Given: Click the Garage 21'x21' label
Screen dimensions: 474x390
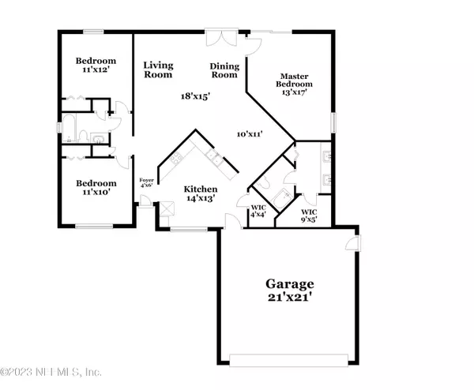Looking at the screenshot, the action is click(290, 291).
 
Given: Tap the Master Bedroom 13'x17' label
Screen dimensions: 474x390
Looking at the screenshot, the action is click(294, 84).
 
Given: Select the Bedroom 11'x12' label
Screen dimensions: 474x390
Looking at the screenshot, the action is click(96, 65).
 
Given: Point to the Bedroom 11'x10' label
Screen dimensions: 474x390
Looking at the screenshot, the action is click(96, 187).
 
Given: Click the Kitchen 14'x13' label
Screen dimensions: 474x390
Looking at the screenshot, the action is click(201, 193).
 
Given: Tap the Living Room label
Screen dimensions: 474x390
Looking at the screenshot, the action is click(158, 69).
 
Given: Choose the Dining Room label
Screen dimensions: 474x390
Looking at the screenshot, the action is click(224, 70).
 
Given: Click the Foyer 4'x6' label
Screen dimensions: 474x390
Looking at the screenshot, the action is click(146, 183).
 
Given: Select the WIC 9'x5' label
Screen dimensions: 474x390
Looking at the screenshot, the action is click(309, 216).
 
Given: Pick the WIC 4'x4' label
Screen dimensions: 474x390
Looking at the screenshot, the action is click(258, 211).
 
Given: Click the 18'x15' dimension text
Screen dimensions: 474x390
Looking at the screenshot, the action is click(195, 96).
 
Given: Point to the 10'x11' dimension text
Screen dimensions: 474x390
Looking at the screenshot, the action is click(250, 133).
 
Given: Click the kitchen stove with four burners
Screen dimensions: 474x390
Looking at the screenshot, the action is click(176, 158).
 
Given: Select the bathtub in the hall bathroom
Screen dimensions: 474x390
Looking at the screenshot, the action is click(69, 128).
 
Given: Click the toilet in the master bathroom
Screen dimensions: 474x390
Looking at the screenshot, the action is click(263, 182).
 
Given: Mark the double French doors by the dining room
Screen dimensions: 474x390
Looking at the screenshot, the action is click(221, 37).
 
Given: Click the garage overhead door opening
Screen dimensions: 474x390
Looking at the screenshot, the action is click(288, 360).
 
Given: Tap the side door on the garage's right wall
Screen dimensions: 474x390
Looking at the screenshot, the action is click(353, 242).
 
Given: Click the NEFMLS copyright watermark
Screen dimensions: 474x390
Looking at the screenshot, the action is click(51, 372).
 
